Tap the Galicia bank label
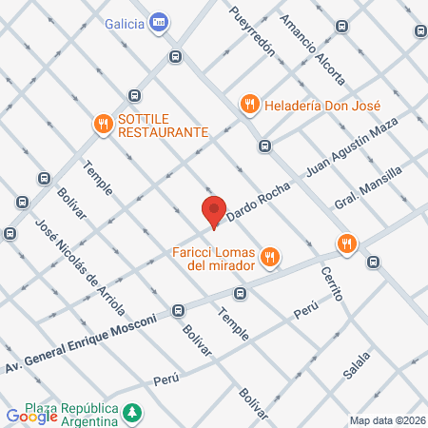pos(124,23)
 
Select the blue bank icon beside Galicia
pos(159,23)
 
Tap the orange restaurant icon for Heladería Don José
pos(249,104)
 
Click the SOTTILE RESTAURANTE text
pos(162,125)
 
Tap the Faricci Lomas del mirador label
pos(215,259)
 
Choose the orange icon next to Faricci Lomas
pos(270,255)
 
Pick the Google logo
pos(31,416)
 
